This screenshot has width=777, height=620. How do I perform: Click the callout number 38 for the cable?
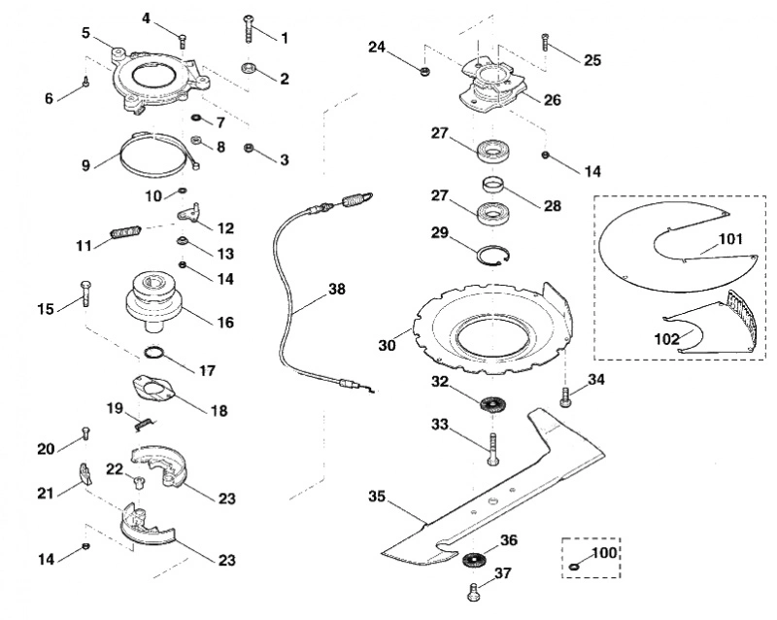click(337, 289)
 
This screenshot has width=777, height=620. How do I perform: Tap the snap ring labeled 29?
click(494, 257)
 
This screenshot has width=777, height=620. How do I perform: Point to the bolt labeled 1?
click(249, 30)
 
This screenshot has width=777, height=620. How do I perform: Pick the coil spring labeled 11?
click(126, 232)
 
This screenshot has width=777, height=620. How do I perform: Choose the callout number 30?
click(387, 345)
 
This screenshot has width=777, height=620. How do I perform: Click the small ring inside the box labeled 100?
click(575, 567)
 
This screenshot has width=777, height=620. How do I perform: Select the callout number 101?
click(730, 239)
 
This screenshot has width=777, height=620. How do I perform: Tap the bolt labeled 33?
click(493, 449)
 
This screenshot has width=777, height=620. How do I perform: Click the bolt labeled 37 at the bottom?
click(474, 593)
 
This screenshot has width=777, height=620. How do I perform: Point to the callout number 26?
click(552, 100)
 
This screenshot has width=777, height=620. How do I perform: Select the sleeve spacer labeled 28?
click(493, 188)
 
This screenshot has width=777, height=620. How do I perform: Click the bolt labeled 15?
click(85, 293)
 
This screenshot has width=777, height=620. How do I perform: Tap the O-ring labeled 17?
click(154, 353)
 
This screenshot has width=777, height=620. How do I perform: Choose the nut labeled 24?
click(424, 71)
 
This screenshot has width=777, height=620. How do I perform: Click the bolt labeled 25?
click(545, 42)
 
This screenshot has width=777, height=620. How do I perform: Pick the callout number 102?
click(667, 339)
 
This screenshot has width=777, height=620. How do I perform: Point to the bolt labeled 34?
click(565, 398)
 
